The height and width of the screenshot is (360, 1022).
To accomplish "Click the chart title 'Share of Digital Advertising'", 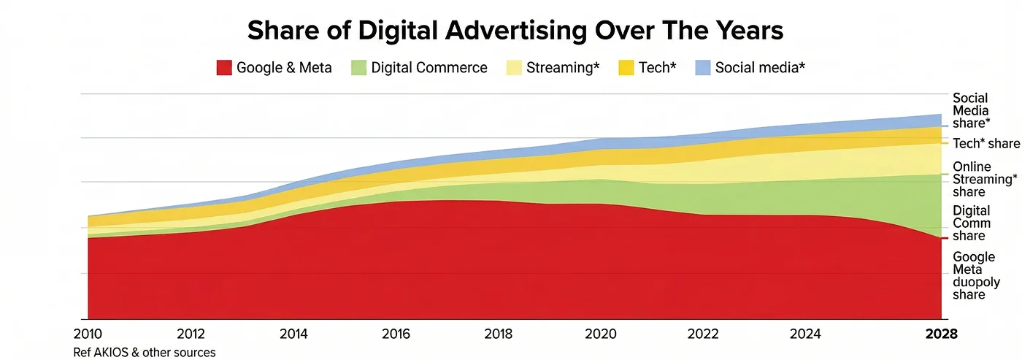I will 515,31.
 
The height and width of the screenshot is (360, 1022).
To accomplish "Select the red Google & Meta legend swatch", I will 224,68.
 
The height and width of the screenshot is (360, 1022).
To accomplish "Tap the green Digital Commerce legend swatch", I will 358,68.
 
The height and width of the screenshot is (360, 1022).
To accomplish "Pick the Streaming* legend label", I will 563,68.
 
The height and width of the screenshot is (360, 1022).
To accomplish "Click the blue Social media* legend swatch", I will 702,68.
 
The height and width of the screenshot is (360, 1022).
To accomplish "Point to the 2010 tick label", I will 88,334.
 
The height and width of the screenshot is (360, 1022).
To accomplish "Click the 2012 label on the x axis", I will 191,334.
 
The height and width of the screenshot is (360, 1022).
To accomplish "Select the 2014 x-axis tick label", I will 294,334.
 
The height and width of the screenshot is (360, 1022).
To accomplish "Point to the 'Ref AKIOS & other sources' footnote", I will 145,352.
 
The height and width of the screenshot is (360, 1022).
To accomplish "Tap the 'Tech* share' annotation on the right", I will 986,144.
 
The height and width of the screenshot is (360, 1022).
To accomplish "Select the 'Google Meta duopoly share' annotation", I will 974,276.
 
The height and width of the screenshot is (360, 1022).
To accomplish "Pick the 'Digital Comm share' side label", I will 972,223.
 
